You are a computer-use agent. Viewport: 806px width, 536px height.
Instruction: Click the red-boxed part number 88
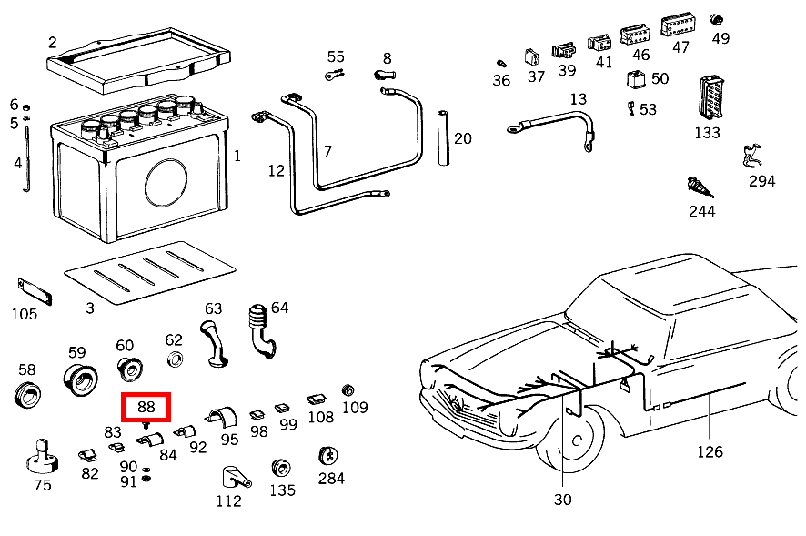click(146, 406)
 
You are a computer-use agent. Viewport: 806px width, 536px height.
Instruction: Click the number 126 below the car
click(710, 451)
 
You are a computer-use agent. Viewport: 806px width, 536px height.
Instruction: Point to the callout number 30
click(562, 499)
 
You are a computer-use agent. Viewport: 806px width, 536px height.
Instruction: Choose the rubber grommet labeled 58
click(27, 396)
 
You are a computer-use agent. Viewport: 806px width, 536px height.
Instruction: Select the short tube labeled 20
click(445, 138)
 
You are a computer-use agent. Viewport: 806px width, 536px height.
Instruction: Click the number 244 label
click(701, 211)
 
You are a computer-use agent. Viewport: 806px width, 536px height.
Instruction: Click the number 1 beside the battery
click(237, 156)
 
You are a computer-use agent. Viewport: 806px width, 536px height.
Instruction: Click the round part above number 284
click(328, 456)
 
